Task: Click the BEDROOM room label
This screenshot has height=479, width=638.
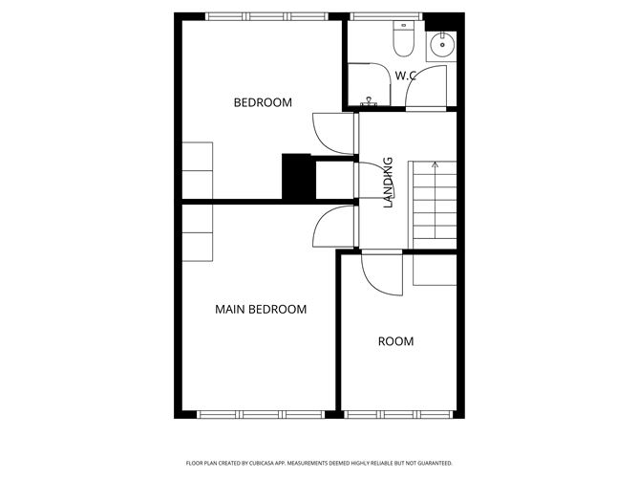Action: click(263, 102)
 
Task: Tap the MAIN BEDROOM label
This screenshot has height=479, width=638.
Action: click(261, 309)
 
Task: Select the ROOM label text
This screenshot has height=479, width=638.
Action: click(396, 341)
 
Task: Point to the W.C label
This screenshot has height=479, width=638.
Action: click(406, 76)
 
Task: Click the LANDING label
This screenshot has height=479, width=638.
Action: click(389, 183)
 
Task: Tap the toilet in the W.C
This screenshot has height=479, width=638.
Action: click(404, 38)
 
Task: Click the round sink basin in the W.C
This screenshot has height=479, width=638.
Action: click(441, 46)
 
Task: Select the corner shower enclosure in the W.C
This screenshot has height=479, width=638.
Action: click(370, 84)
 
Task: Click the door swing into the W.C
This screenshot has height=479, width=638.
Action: click(426, 87)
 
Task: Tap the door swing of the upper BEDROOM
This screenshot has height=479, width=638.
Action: click(332, 134)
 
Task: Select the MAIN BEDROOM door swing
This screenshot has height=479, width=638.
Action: click(332, 226)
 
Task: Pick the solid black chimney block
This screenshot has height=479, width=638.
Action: click(299, 177)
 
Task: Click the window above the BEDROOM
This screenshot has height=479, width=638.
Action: click(266, 16)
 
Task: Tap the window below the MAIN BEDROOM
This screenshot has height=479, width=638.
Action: click(261, 415)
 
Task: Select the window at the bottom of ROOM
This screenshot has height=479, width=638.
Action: click(398, 415)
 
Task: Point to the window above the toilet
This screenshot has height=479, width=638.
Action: click(386, 16)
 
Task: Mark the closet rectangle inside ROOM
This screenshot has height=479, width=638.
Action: click(435, 270)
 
